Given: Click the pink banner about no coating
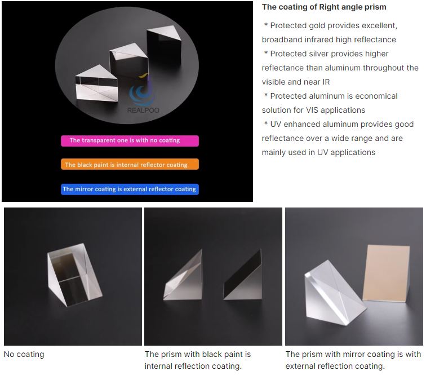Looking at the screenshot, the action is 130,140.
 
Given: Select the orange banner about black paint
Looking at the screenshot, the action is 130,164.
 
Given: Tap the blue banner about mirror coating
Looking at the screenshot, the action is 130,189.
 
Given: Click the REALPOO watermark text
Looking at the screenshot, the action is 143,111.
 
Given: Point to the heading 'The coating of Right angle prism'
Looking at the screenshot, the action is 324,7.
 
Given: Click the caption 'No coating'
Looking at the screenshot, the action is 24,354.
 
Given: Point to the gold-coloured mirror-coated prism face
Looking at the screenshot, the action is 387,273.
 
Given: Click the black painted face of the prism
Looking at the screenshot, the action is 242,275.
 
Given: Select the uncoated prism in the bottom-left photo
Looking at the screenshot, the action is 74,275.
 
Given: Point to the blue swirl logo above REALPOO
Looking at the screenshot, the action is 143,91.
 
